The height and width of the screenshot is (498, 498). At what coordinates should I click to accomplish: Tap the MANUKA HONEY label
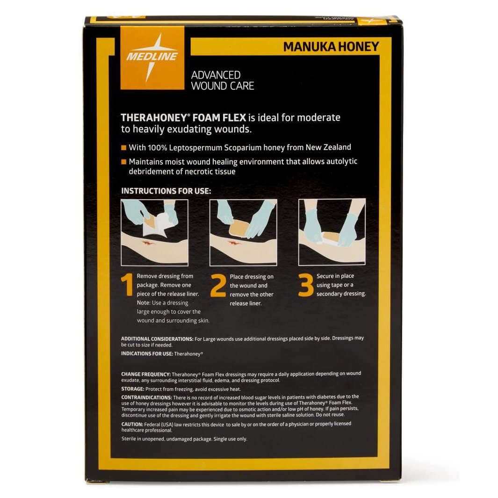(331, 47)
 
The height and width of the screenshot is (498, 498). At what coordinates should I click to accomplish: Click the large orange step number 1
(127, 286)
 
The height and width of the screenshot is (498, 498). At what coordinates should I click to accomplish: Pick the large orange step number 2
(218, 286)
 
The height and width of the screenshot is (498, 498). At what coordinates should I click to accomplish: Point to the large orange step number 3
(306, 285)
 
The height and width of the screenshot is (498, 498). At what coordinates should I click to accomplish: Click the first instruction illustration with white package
(154, 232)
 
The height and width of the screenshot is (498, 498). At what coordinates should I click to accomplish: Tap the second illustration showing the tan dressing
(243, 232)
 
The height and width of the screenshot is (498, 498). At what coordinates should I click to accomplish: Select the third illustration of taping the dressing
(332, 232)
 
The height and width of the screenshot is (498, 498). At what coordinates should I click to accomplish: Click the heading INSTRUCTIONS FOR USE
(166, 191)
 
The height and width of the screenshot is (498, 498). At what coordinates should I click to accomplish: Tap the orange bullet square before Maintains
(124, 162)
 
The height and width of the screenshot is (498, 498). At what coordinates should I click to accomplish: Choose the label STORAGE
(132, 389)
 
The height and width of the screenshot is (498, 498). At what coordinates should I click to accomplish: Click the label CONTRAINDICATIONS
(149, 397)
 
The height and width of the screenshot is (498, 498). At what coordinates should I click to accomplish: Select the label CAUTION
(132, 424)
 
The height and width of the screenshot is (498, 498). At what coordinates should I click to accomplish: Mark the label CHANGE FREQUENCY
(145, 374)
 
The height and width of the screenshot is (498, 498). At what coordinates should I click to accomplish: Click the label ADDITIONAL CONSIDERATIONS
(157, 339)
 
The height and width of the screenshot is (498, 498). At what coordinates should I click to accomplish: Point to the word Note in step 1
(143, 303)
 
